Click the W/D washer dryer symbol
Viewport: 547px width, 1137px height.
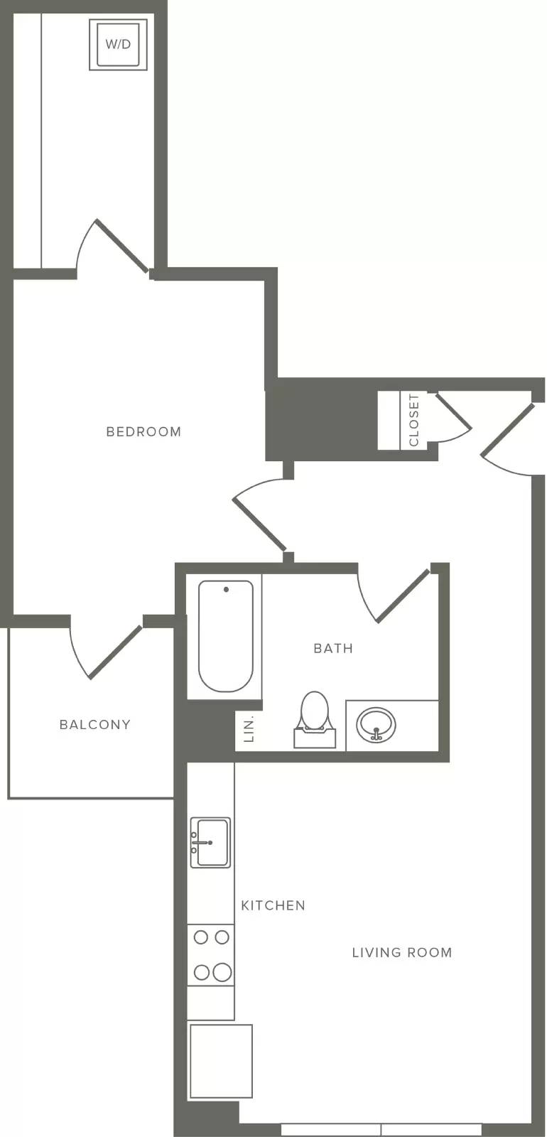(118, 45)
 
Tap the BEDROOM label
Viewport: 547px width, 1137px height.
(143, 432)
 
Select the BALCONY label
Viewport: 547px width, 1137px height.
(95, 725)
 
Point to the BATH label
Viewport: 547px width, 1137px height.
(333, 648)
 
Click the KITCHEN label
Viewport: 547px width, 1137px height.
(273, 905)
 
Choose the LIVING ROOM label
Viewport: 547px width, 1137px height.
(402, 953)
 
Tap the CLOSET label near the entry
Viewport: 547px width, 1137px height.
(414, 420)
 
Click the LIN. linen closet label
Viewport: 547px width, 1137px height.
(249, 730)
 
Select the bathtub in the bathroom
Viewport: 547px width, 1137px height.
(225, 637)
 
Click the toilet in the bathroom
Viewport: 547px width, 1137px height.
(315, 720)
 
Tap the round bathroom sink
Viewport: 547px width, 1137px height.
(376, 725)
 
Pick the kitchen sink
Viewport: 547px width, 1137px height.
(210, 843)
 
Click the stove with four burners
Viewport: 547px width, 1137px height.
(210, 955)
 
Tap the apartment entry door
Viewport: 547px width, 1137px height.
(508, 440)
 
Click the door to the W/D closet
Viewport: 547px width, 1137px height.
(113, 247)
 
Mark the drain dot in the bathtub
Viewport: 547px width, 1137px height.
(226, 589)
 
